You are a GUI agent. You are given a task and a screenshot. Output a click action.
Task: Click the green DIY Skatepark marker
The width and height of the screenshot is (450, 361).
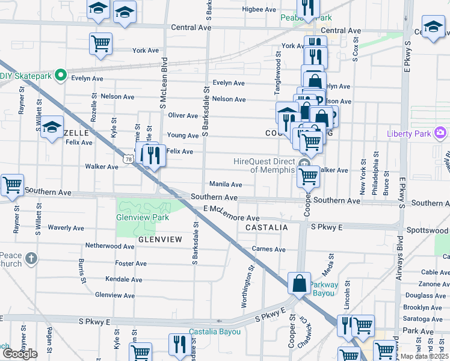(x=60, y=76)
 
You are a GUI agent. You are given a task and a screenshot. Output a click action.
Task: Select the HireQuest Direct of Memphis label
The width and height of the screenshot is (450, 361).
(x=264, y=165)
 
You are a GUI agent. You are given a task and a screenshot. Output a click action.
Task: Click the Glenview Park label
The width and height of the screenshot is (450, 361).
(x=143, y=217)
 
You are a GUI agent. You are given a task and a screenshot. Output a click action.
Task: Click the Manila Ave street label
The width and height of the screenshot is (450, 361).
(x=226, y=184)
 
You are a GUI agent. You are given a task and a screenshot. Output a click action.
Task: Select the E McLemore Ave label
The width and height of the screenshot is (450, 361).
(x=231, y=214)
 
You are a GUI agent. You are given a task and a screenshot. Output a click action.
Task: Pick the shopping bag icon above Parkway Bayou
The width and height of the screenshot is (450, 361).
(x=299, y=282)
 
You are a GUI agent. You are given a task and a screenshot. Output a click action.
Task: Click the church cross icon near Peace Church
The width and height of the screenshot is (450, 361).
(x=31, y=259)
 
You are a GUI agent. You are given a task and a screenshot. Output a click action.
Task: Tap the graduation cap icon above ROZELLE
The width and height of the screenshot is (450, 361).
(x=52, y=128)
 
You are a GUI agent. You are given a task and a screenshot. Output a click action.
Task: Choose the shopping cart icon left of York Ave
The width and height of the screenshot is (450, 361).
(x=100, y=43)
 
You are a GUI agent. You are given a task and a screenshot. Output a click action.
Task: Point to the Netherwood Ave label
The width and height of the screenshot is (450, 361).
(x=109, y=246)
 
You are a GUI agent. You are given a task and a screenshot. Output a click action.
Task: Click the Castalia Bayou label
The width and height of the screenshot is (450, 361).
(x=211, y=332)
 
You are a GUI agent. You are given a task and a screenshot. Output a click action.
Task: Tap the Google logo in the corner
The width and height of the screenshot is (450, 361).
(x=19, y=353)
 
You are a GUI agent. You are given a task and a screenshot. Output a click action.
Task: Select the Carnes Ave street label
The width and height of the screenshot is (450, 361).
(x=268, y=249)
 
